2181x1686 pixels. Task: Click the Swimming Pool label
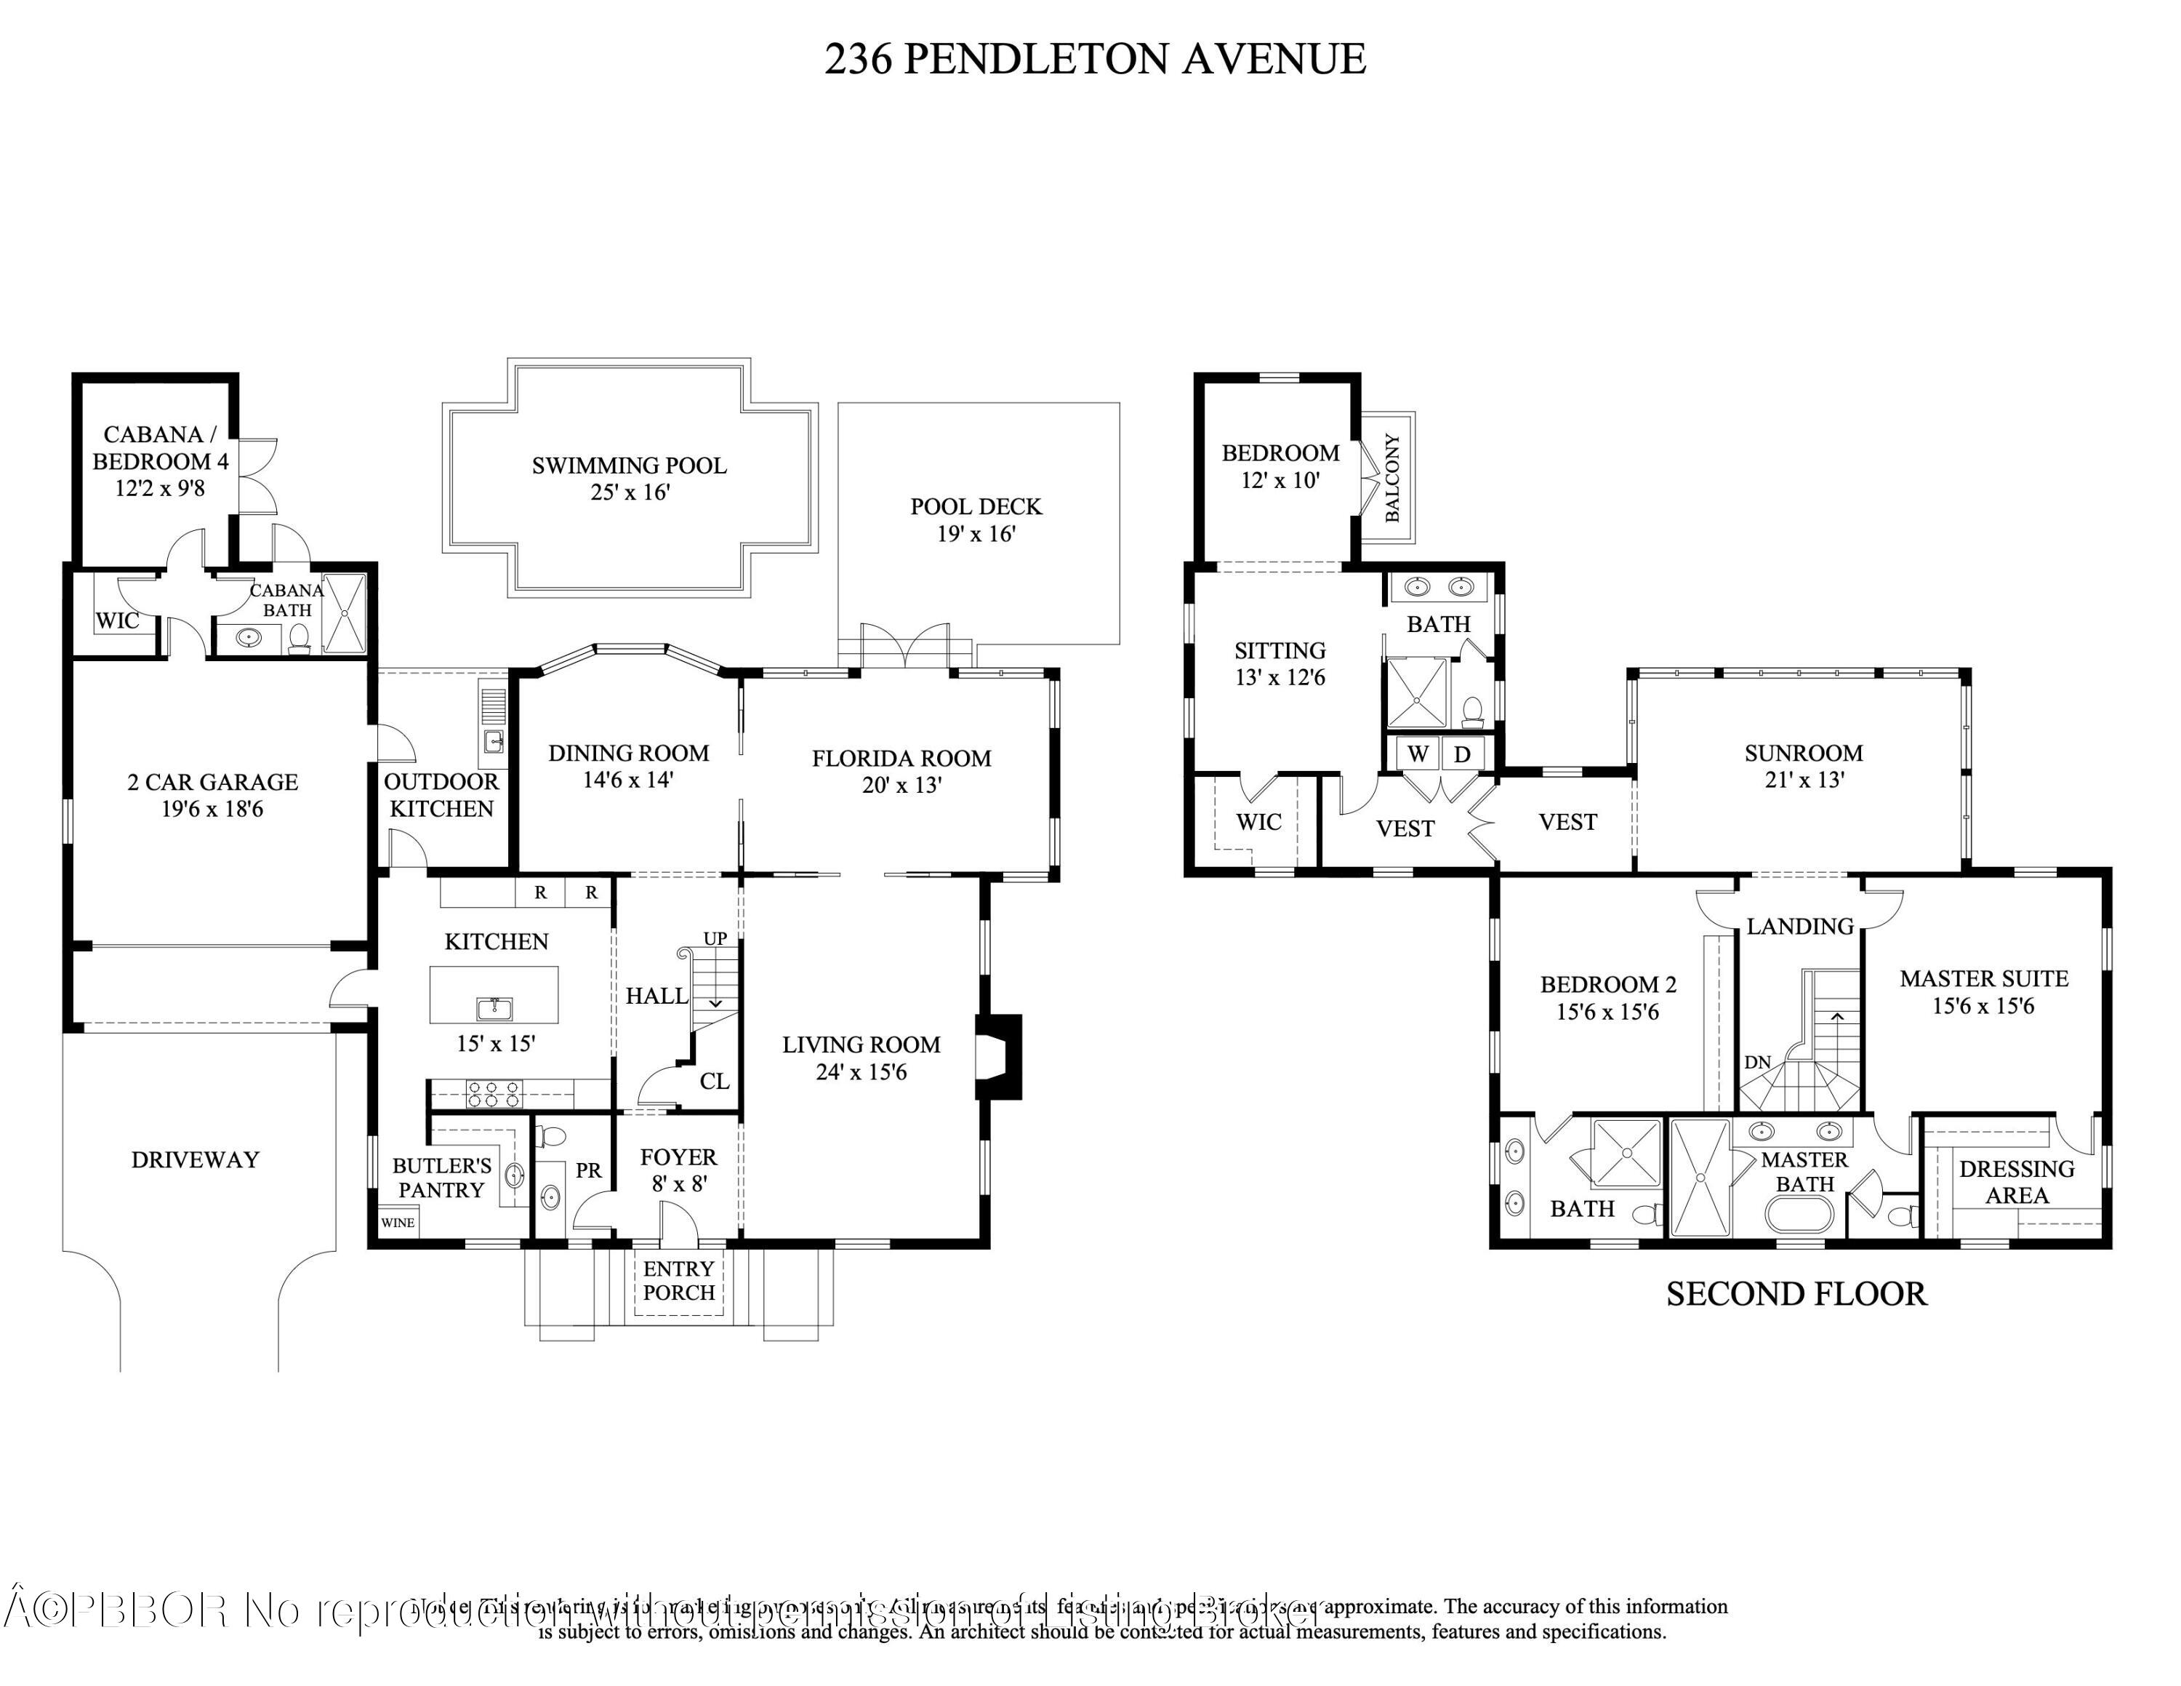(x=628, y=466)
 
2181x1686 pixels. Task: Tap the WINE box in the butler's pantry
(x=398, y=1223)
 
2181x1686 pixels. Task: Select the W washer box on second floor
(x=1418, y=754)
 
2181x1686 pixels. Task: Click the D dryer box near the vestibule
(x=1462, y=754)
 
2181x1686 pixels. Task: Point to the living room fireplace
(x=1000, y=1057)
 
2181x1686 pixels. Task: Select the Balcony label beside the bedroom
(x=1392, y=477)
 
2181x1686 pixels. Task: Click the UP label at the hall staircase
(x=715, y=939)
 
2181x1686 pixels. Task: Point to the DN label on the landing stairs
(x=1758, y=1062)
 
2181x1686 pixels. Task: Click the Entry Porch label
(x=678, y=1280)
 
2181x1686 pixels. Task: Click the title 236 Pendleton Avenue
(x=1094, y=59)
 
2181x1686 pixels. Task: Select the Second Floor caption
(x=1796, y=1295)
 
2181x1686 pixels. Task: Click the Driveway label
(x=195, y=1159)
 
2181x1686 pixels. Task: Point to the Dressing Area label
(x=2016, y=1182)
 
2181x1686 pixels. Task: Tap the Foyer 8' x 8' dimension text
(x=678, y=1183)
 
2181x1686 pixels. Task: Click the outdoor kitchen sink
(x=494, y=741)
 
